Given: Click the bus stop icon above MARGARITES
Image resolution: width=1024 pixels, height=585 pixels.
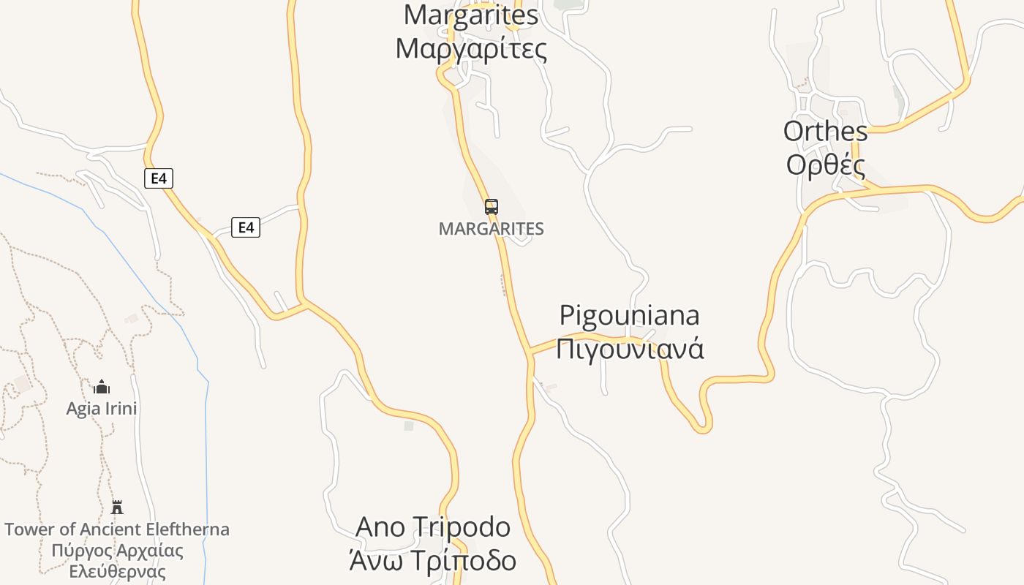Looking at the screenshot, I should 492,207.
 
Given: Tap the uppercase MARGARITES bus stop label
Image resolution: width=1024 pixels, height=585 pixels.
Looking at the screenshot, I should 492,229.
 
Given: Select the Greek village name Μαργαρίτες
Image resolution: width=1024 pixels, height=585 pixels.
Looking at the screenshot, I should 471,49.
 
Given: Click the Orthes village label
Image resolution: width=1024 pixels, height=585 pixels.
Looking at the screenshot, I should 825,132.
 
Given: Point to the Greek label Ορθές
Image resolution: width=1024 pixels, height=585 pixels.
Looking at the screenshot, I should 825,165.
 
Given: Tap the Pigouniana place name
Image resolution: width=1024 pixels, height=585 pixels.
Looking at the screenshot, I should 629,315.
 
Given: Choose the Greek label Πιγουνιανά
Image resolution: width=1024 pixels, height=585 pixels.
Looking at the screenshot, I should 629,348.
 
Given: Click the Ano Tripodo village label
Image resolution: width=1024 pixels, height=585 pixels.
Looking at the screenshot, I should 433,526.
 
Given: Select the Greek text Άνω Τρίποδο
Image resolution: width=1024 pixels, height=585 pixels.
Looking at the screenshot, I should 433,561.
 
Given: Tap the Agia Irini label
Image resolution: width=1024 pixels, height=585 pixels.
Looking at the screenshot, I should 102,409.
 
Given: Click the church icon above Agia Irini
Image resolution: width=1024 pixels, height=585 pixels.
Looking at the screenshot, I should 102,387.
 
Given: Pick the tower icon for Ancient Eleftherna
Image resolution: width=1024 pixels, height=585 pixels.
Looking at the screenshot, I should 117,507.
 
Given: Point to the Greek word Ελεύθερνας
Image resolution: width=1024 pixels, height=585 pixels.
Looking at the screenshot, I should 117,572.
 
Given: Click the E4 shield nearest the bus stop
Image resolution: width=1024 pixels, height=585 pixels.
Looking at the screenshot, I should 246,228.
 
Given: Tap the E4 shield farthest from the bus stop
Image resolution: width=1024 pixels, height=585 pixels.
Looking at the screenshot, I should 158,178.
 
